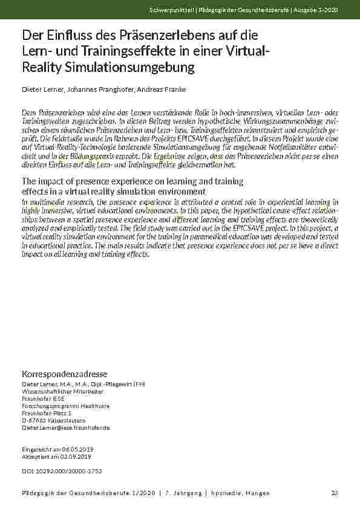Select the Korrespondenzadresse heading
(x=65, y=374)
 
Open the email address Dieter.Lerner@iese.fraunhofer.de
(x=65, y=427)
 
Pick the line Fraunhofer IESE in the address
(x=42, y=398)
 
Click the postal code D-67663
(x=34, y=420)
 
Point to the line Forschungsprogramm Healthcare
(x=65, y=406)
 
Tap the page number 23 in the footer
(x=335, y=493)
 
